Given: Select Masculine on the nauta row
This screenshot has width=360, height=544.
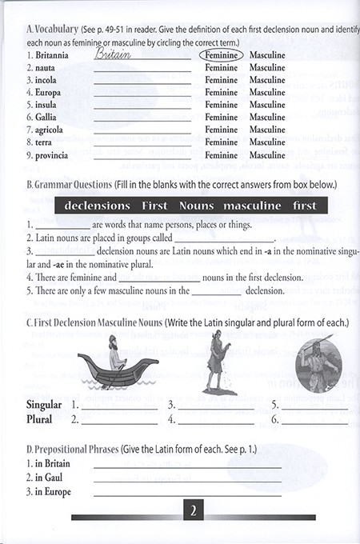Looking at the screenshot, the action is pos(267,68).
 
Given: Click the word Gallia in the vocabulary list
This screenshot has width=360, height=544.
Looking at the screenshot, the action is pos(40,117).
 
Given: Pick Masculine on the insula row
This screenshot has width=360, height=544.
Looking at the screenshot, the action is pos(267,105).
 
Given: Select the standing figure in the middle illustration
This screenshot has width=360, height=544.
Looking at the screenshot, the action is pos(214,357).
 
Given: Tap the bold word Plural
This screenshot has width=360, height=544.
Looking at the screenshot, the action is pos(39,418).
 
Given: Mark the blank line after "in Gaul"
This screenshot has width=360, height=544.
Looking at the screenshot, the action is pos(187,480).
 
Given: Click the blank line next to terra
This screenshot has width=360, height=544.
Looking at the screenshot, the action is pos(142,142).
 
